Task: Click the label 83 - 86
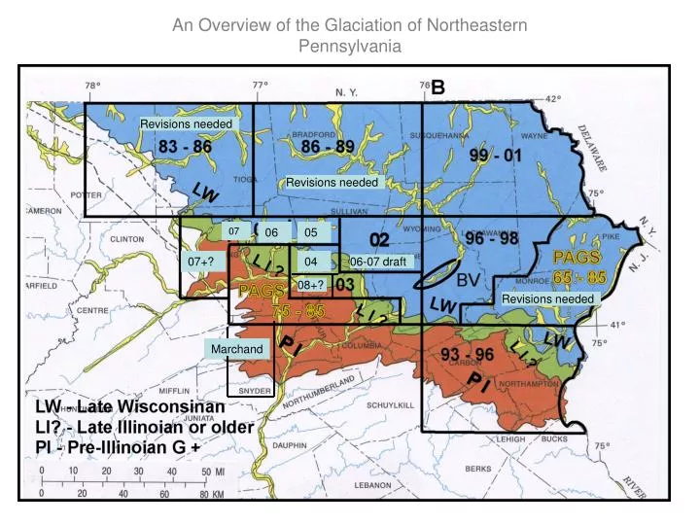(185, 147)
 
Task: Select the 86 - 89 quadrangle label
(328, 147)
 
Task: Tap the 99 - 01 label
(496, 156)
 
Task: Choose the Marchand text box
(235, 349)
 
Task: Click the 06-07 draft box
(378, 262)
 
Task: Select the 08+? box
(310, 285)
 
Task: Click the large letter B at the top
(438, 87)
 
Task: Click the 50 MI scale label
(213, 472)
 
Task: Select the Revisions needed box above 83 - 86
(187, 124)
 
